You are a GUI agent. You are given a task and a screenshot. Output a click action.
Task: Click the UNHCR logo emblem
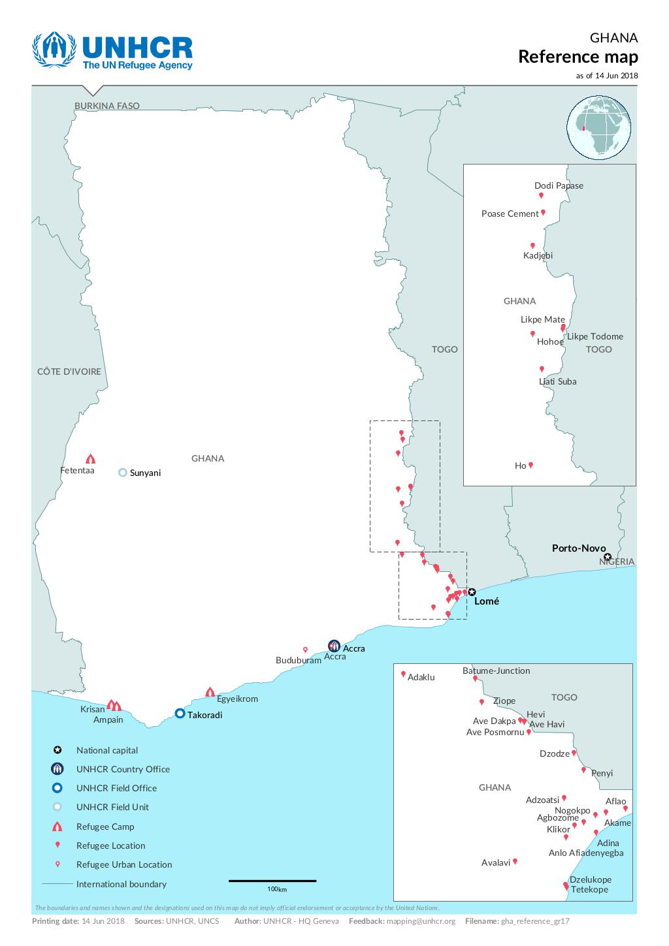[54, 50]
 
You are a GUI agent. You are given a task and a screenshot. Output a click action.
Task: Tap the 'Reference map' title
[578, 57]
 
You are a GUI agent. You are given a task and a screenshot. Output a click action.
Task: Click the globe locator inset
[600, 128]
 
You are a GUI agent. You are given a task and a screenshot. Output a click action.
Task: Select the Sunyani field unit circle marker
[122, 473]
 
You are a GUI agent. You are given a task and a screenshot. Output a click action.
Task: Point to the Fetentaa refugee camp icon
[90, 459]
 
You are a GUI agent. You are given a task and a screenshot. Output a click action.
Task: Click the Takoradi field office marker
[180, 714]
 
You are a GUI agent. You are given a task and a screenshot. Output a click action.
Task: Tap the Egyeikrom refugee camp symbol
[210, 692]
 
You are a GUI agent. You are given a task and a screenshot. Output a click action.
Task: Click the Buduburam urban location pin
[305, 650]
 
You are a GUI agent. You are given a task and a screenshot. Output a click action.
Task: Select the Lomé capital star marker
[472, 592]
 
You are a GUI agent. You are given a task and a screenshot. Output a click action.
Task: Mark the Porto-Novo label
[578, 548]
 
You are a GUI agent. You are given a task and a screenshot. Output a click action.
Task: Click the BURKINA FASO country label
[106, 106]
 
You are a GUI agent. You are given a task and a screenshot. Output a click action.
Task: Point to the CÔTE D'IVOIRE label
[69, 371]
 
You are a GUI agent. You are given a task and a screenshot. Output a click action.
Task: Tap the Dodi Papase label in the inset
[559, 185]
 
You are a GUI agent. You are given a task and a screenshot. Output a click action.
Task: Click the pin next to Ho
[530, 465]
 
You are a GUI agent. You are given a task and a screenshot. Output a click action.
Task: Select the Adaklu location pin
[403, 674]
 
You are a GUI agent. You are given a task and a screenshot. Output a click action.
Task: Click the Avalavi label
[495, 862]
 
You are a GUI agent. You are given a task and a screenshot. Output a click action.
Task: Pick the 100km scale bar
[272, 881]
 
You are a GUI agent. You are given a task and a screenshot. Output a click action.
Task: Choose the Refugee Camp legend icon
[57, 827]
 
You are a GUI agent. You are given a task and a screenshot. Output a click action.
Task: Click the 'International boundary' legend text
[121, 884]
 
